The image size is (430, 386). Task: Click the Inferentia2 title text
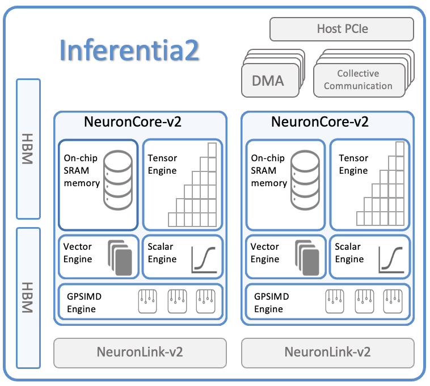(129, 51)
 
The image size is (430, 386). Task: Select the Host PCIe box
(342, 29)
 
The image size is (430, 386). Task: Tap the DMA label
(268, 81)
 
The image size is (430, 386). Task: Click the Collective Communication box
(358, 80)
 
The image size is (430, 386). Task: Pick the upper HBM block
(28, 149)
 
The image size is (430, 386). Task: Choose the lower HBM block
(28, 297)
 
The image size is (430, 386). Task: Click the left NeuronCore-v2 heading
(133, 122)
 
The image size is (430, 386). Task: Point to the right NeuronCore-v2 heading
(320, 122)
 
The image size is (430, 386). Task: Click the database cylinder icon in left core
(118, 177)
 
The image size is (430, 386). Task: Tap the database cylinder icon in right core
(305, 177)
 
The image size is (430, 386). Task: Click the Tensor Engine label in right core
(353, 164)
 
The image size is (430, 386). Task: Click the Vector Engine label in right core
(265, 253)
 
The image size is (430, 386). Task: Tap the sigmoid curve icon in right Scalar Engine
(391, 259)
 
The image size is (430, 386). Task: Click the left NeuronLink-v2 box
(140, 352)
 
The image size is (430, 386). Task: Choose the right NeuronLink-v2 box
(327, 352)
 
